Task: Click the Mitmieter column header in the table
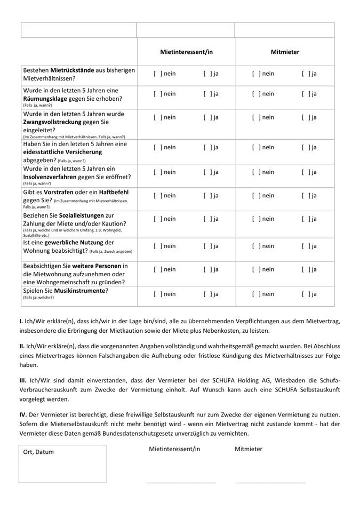tap(285, 52)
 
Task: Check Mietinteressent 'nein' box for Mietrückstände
tap(158, 74)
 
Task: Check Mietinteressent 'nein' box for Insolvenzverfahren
tap(158, 172)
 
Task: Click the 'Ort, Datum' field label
tap(38, 452)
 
